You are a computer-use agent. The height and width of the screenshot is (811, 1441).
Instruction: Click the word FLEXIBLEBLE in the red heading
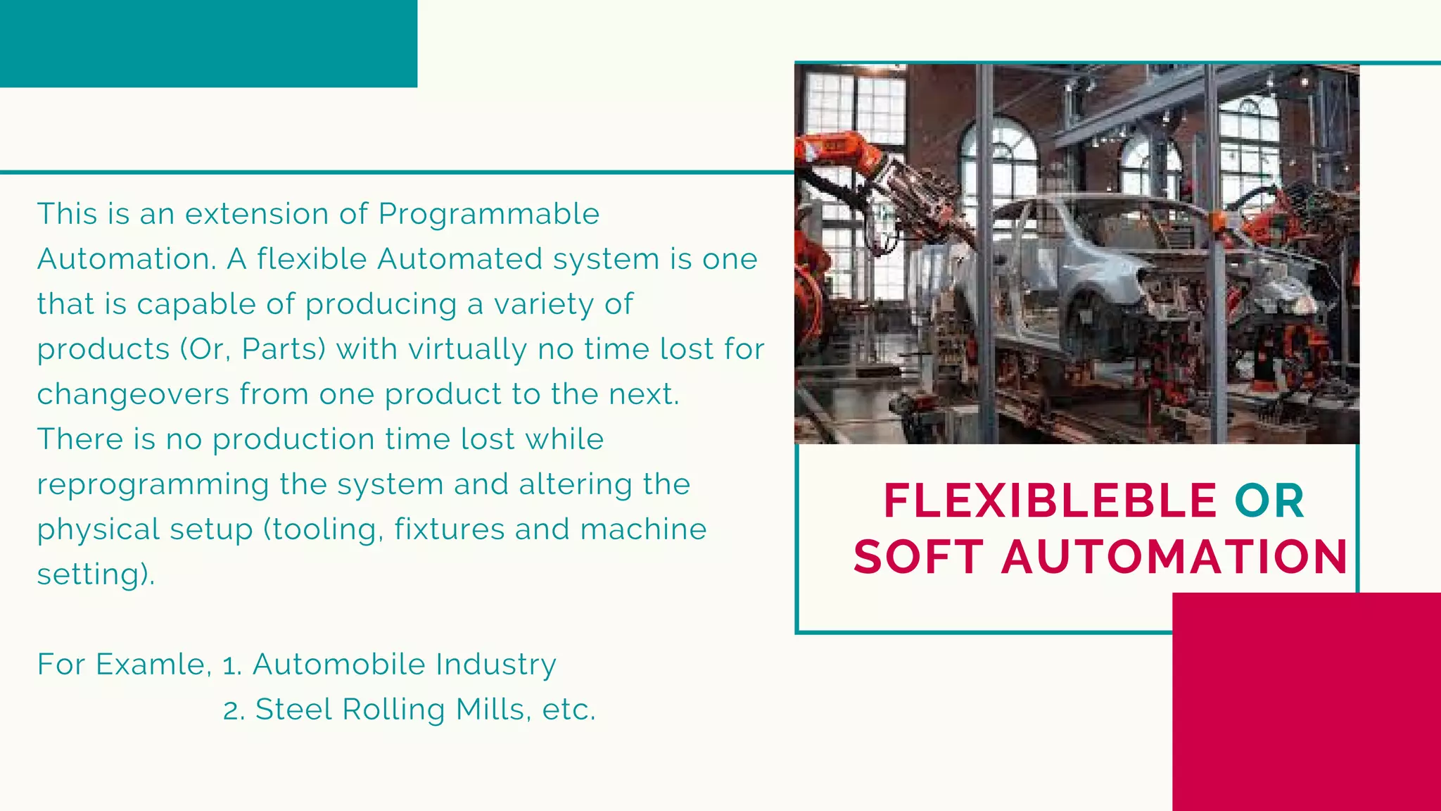[x=1049, y=501]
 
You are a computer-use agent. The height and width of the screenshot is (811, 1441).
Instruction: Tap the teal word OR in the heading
[x=1269, y=501]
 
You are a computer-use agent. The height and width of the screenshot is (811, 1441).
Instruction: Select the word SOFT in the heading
[x=918, y=557]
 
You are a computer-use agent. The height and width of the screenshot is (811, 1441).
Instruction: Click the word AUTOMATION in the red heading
[x=1174, y=557]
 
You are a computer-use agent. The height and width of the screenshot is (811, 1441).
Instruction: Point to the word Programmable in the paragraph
[x=488, y=215]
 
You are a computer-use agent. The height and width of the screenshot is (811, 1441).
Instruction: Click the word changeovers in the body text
[x=133, y=394]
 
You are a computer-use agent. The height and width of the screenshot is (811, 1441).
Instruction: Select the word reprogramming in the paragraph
[x=153, y=485]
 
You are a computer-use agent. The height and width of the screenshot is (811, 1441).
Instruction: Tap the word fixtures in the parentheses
[x=449, y=529]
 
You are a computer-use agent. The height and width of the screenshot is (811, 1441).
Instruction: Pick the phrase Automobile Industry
[x=404, y=665]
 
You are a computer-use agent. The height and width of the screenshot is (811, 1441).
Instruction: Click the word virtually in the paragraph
[x=467, y=349]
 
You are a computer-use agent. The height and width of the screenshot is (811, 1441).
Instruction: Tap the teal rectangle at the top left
[x=208, y=43]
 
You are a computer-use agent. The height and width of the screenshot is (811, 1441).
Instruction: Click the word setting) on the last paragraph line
[x=96, y=574]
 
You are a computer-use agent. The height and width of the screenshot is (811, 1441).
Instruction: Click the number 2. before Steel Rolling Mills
[x=234, y=710]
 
